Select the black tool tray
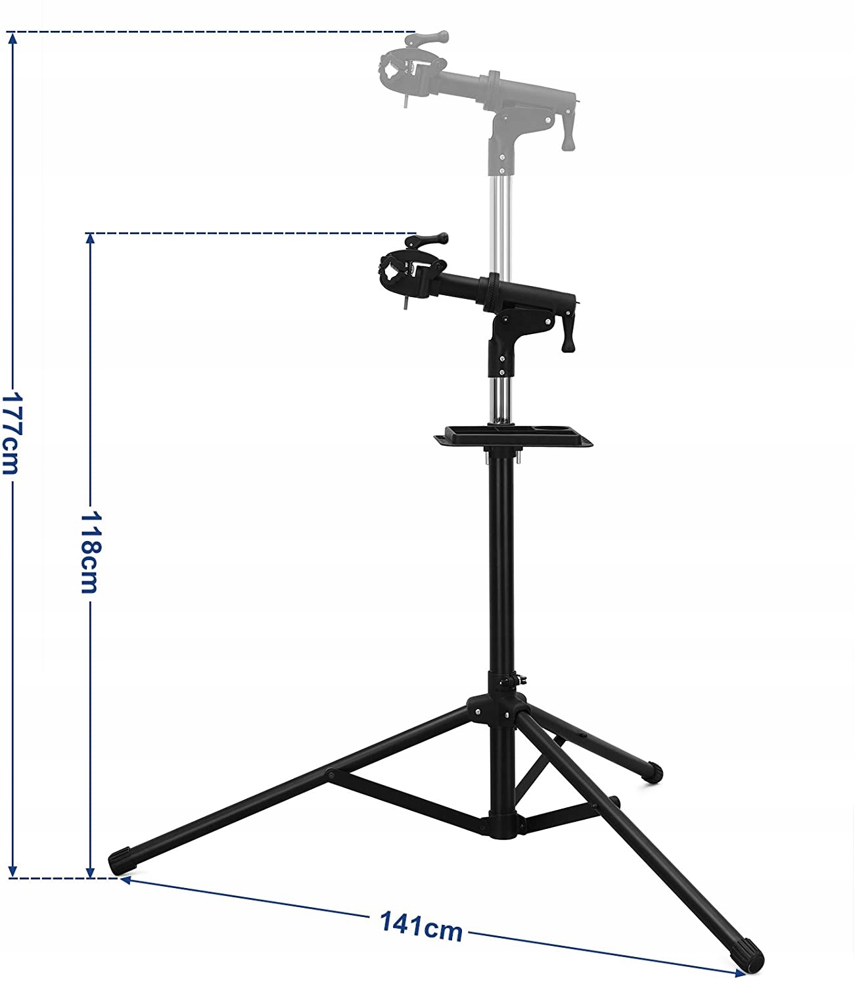tap(513, 436)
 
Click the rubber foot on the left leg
tap(122, 860)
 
